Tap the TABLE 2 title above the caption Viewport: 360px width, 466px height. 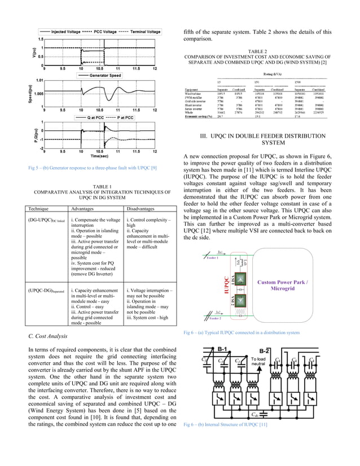(257, 51)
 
